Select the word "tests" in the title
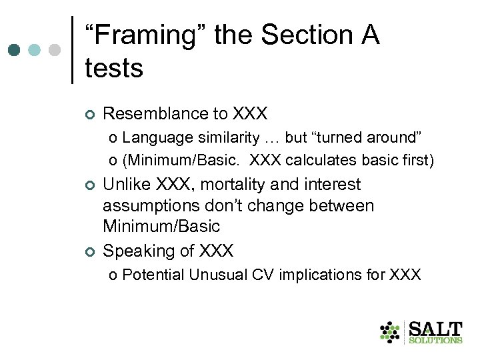(x=114, y=68)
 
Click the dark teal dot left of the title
(x=15, y=50)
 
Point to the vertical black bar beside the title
(x=72, y=50)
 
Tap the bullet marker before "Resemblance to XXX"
(x=90, y=115)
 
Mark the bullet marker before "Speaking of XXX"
(x=90, y=251)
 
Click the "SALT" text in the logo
(x=435, y=328)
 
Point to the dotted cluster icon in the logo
(x=390, y=331)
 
